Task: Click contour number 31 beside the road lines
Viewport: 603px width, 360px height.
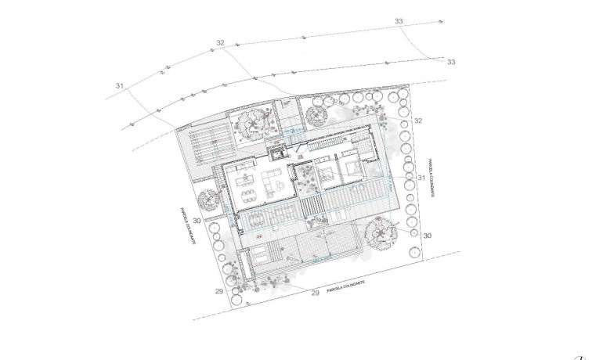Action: [x=120, y=85]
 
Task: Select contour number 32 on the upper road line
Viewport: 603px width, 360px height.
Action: [x=220, y=42]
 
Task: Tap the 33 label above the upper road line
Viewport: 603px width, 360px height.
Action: [x=399, y=20]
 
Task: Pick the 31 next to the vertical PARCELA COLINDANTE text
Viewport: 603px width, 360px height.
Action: [x=421, y=178]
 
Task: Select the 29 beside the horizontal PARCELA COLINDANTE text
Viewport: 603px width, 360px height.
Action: [x=315, y=293]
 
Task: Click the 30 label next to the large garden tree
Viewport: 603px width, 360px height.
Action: [x=428, y=235]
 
